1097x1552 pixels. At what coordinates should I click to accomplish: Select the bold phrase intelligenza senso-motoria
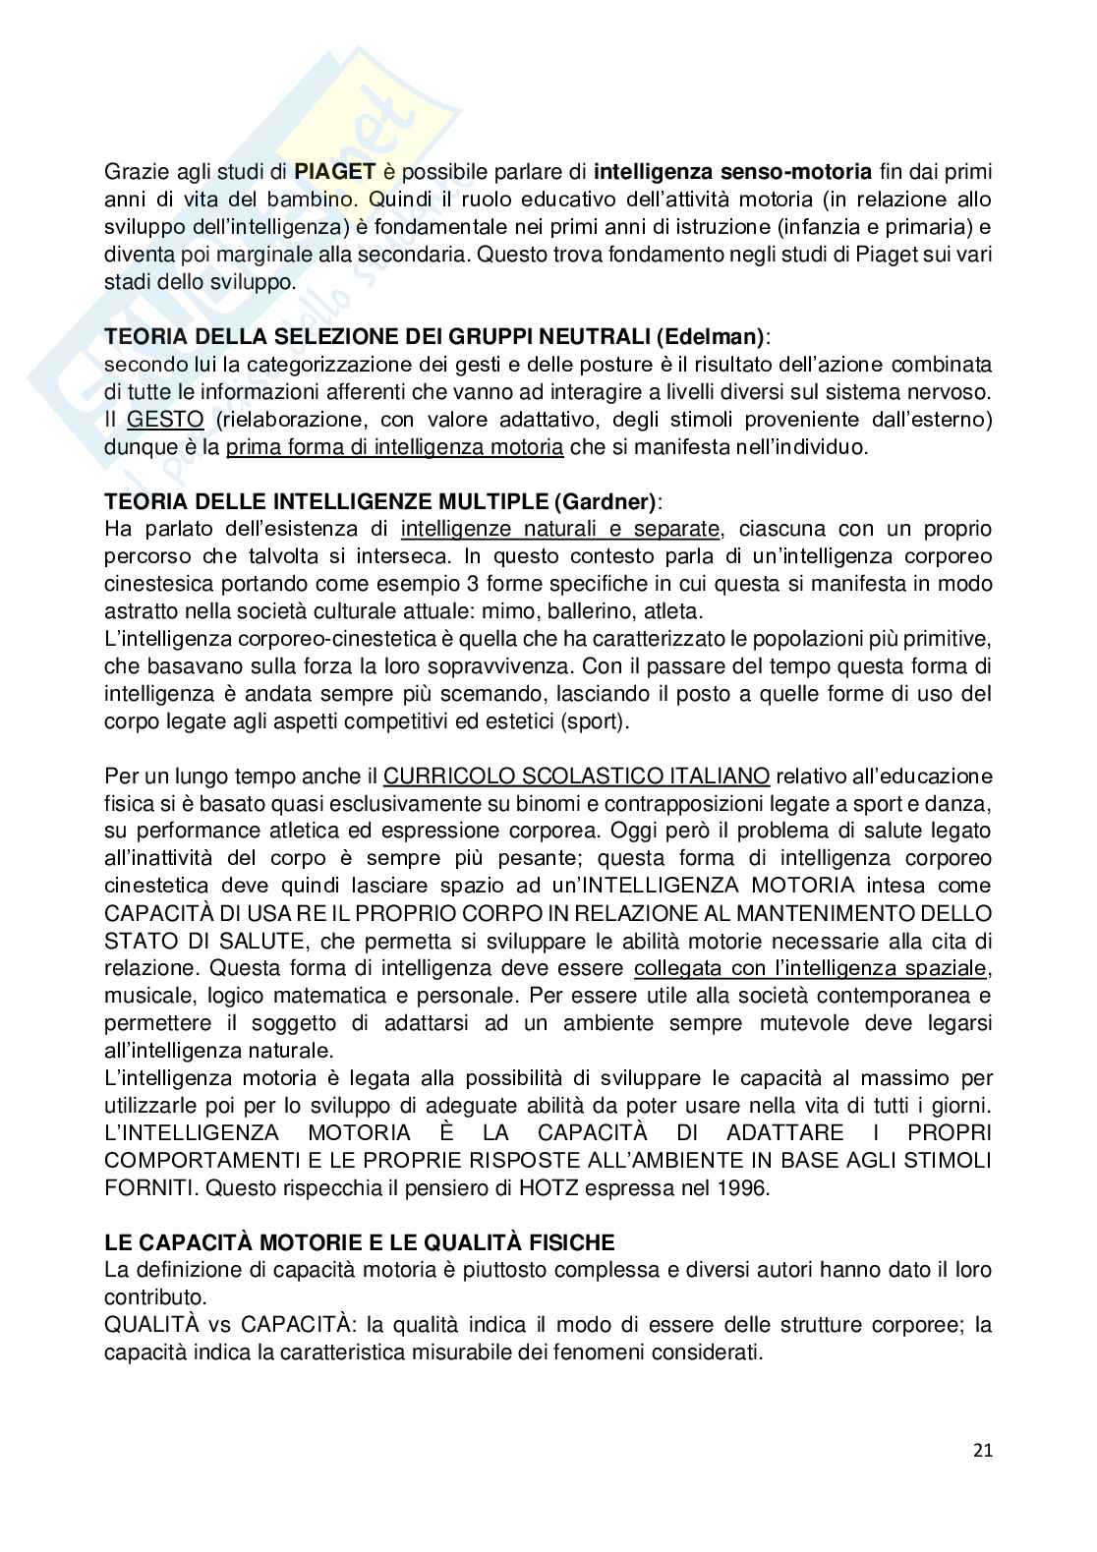733,172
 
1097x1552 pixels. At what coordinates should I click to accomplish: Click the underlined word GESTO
165,420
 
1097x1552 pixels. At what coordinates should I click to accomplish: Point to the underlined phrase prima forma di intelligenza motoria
394,447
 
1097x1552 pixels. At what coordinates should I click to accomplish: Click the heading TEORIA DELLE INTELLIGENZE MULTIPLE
326,502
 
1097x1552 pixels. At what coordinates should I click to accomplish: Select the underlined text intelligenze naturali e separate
561,529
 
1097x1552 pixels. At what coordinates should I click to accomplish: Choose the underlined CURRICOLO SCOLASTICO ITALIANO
576,776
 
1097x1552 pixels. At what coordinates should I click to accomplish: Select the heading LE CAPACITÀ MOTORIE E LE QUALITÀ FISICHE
360,1241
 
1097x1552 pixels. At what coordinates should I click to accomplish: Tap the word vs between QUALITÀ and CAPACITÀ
218,1324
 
